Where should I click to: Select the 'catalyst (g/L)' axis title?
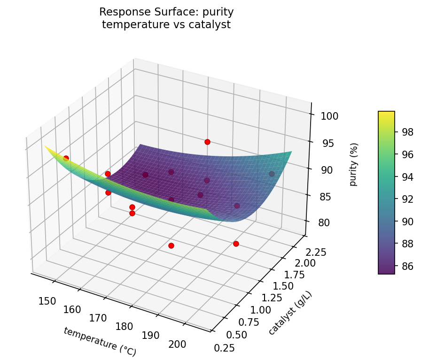pyautogui.click(x=290, y=313)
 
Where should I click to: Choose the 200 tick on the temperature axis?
pyautogui.click(x=177, y=344)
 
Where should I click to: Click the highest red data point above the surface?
pyautogui.click(x=207, y=142)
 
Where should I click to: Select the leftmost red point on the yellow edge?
pyautogui.click(x=66, y=158)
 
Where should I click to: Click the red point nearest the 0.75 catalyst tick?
pyautogui.click(x=236, y=244)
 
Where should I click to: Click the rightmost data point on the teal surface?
pyautogui.click(x=272, y=174)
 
